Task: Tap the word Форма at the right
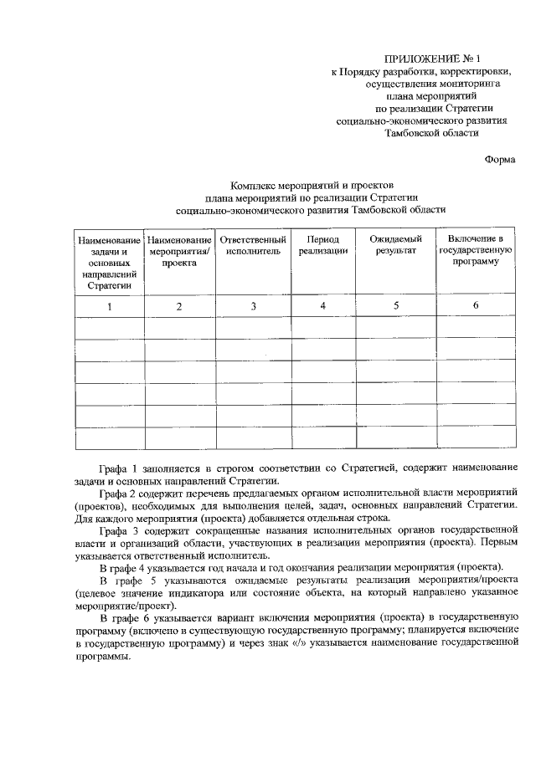pyautogui.click(x=500, y=159)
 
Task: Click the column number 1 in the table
pyautogui.click(x=109, y=306)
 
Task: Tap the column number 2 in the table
pyautogui.click(x=178, y=306)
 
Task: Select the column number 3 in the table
pyautogui.click(x=253, y=306)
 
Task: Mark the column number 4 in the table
pyautogui.click(x=322, y=305)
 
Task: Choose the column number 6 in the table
pyautogui.click(x=475, y=305)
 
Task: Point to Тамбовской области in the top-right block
pyautogui.click(x=431, y=132)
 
